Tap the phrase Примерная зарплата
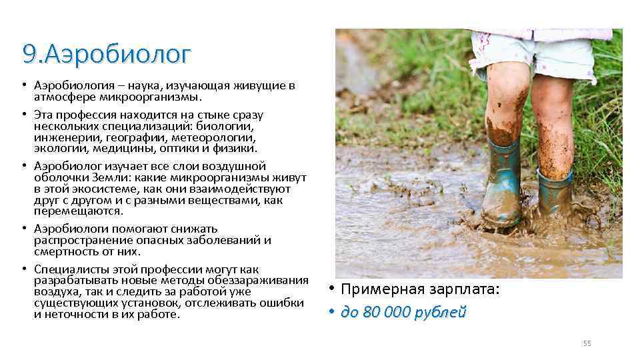pyautogui.click(x=419, y=290)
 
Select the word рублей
pyautogui.click(x=440, y=312)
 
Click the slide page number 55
pyautogui.click(x=587, y=343)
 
